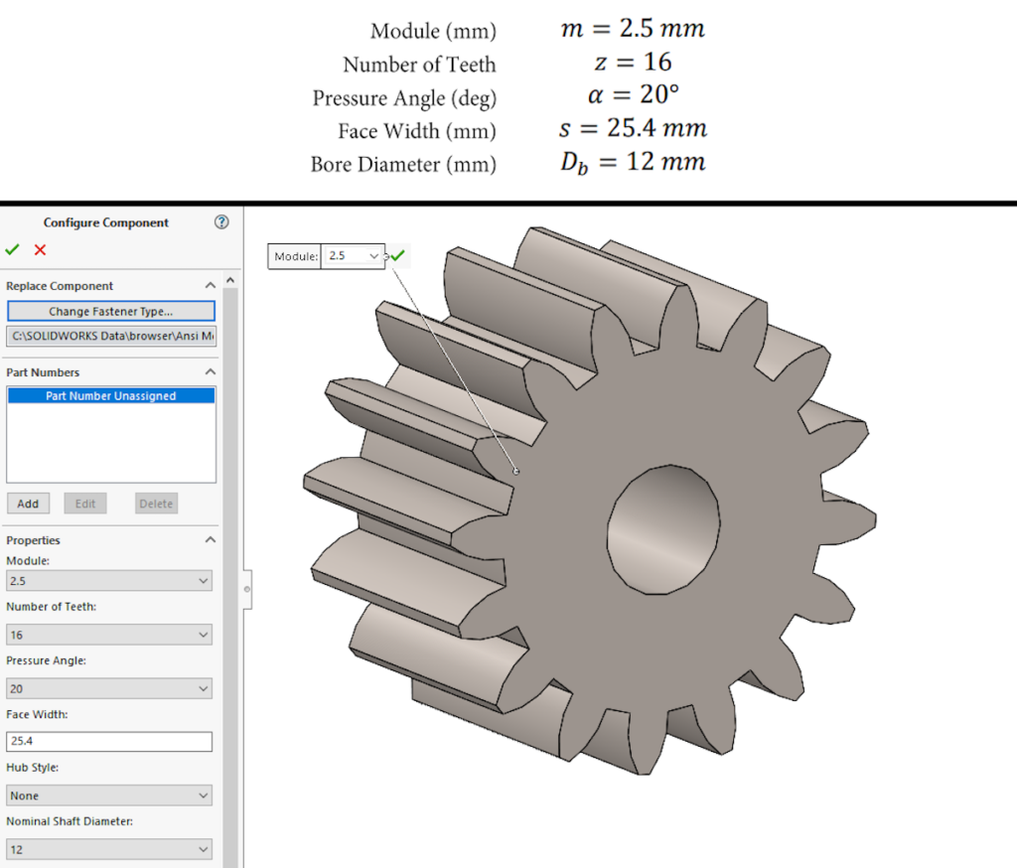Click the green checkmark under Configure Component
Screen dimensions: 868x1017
(x=12, y=250)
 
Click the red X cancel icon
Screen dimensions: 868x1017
(x=40, y=250)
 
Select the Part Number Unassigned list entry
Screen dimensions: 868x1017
(x=110, y=395)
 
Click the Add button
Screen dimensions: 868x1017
(x=28, y=504)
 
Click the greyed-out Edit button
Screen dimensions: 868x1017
(x=85, y=504)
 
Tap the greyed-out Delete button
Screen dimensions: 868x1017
(x=156, y=504)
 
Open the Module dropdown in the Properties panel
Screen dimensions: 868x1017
(x=109, y=580)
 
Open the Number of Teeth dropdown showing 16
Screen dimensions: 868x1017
(x=109, y=635)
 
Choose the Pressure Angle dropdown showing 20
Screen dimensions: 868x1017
(x=109, y=688)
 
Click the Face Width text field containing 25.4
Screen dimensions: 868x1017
(x=109, y=742)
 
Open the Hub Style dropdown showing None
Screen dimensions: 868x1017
(x=109, y=796)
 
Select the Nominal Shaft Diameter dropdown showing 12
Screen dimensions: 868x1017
(x=109, y=849)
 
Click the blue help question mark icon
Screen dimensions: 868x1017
(x=221, y=222)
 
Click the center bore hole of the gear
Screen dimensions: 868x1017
(x=663, y=526)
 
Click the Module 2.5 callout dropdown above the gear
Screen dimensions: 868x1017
(x=353, y=256)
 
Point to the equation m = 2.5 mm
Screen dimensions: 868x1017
(x=632, y=29)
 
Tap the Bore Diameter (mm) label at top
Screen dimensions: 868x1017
(x=402, y=165)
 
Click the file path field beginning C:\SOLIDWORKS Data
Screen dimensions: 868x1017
(x=110, y=336)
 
